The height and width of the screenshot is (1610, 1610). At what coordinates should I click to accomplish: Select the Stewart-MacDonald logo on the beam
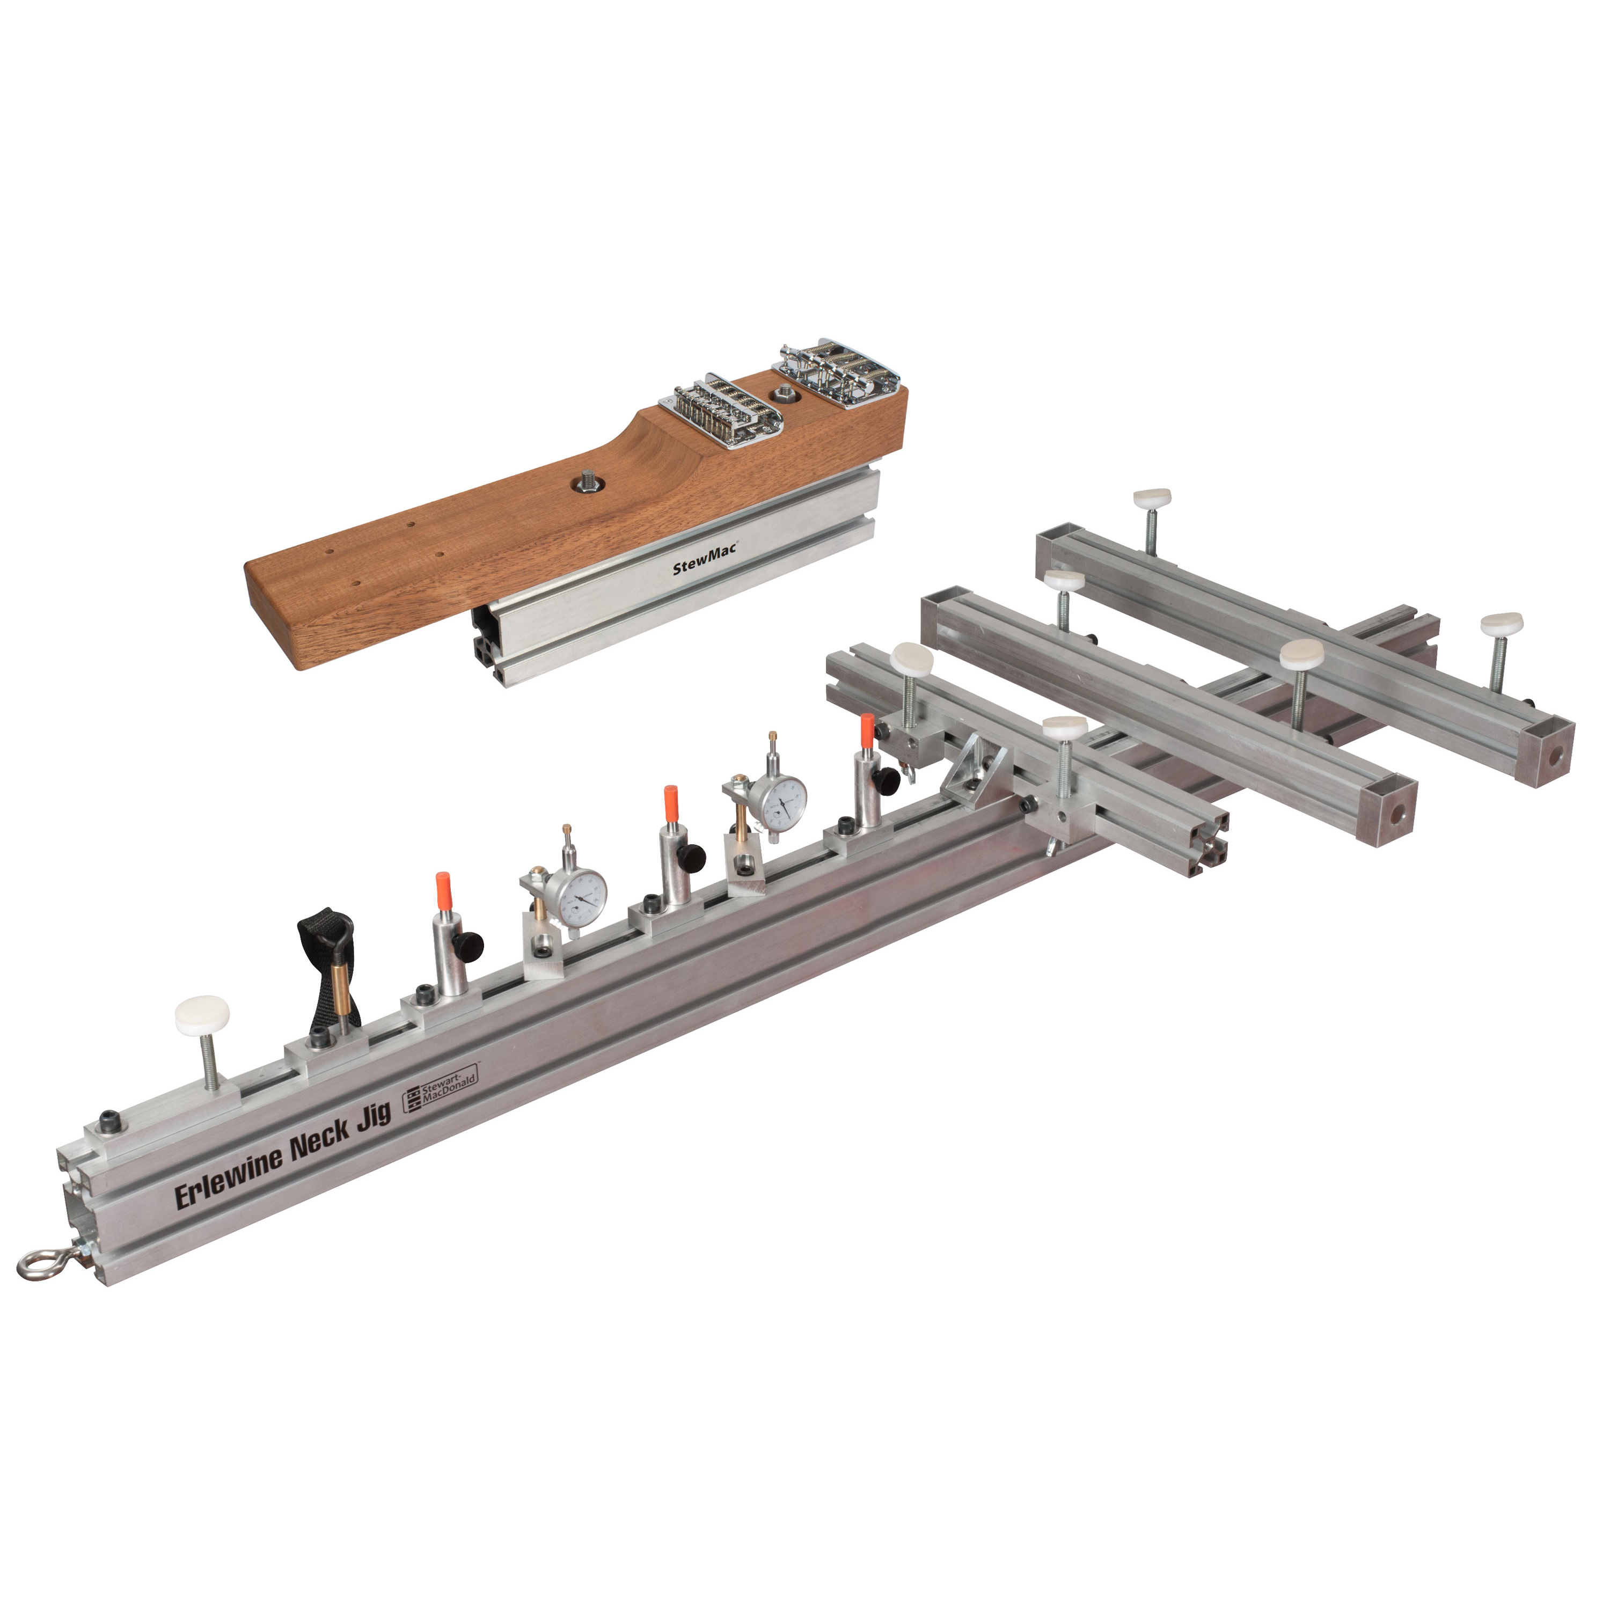point(441,1090)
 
